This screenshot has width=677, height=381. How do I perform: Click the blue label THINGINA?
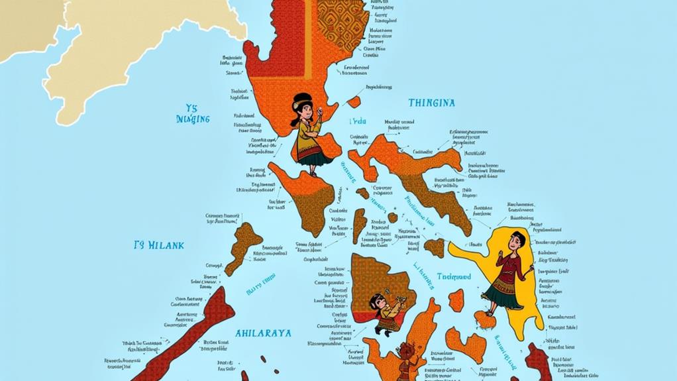431,103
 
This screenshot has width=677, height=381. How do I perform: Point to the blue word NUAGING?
193,119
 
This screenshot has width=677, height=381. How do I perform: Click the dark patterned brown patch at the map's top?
341,23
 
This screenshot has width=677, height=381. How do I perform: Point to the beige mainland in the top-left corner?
99,53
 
